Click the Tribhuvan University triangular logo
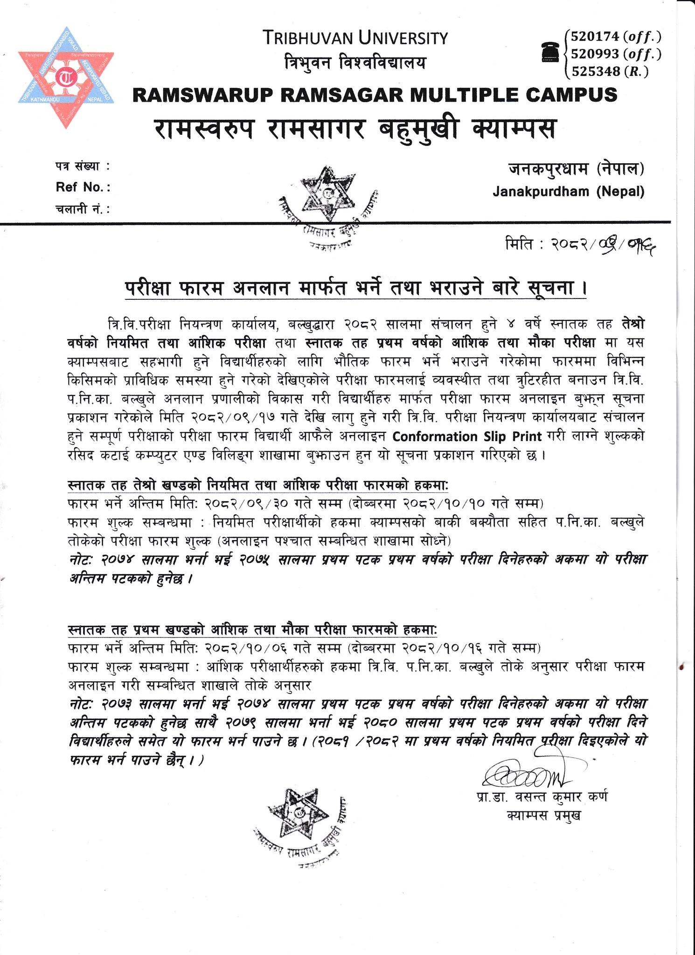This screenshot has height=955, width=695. (x=66, y=77)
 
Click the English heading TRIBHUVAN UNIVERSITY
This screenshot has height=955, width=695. (x=355, y=38)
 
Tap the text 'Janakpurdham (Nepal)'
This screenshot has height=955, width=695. (x=569, y=191)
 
